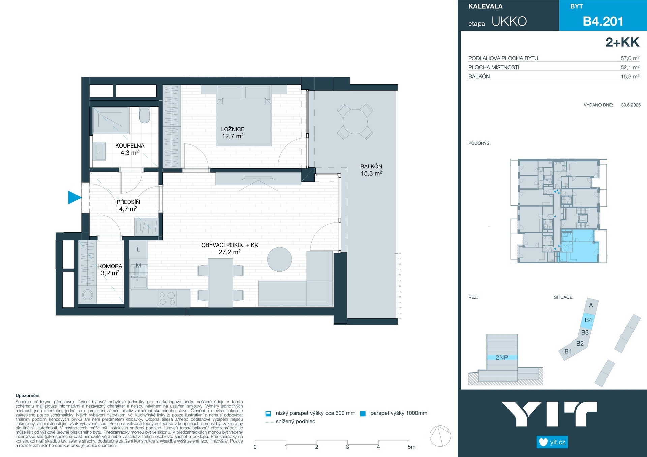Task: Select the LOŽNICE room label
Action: pos(233,129)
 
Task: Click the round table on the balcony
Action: pos(355,122)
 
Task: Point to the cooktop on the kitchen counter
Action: pos(167,298)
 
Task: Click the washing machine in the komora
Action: pos(88,295)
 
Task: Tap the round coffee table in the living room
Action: pos(280,259)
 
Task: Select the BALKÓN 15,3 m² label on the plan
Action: pos(371,170)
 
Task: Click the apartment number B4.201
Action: pos(603,21)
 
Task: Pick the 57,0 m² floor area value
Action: pos(630,58)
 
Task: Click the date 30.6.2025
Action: pos(631,105)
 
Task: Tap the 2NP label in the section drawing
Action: pos(502,357)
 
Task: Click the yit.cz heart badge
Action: pos(552,442)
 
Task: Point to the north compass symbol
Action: pos(440,436)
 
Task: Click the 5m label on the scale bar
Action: pos(411,447)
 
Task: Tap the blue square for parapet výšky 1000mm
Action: pos(363,414)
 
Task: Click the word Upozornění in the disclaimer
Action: pos(28,396)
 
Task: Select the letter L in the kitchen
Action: pos(138,250)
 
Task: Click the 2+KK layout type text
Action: pos(622,42)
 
